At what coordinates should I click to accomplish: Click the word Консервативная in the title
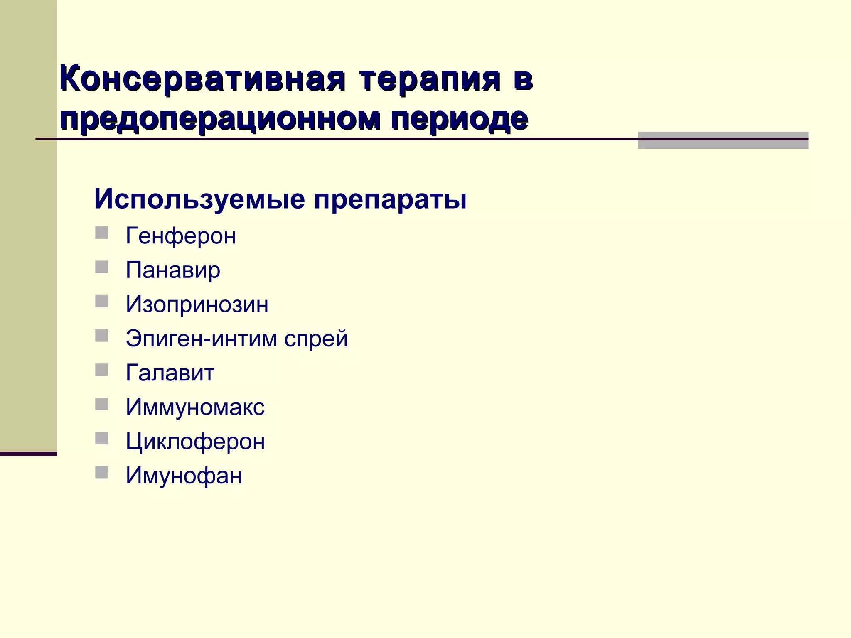pyautogui.click(x=202, y=79)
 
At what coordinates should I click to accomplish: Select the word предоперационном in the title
pyautogui.click(x=220, y=119)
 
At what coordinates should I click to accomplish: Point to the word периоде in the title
pyautogui.click(x=459, y=119)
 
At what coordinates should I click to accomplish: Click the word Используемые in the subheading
pyautogui.click(x=199, y=199)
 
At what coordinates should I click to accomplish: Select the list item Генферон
pyautogui.click(x=181, y=236)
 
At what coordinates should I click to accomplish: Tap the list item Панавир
pyautogui.click(x=173, y=270)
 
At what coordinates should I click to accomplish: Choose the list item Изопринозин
pyautogui.click(x=197, y=304)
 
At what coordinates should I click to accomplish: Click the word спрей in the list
pyautogui.click(x=316, y=339)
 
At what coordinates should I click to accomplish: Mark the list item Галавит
pyautogui.click(x=170, y=373)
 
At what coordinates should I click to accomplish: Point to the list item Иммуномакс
pyautogui.click(x=195, y=407)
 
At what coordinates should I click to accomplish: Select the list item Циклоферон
pyautogui.click(x=195, y=441)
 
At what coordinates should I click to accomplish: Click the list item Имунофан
pyautogui.click(x=184, y=475)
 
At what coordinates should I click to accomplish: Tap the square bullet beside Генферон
pyautogui.click(x=101, y=233)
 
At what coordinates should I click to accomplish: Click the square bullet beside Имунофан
pyautogui.click(x=101, y=473)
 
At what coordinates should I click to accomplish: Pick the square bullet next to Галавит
pyautogui.click(x=101, y=370)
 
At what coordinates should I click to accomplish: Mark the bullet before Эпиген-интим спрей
pyautogui.click(x=101, y=336)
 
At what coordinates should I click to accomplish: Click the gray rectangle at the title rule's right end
pyautogui.click(x=723, y=140)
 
